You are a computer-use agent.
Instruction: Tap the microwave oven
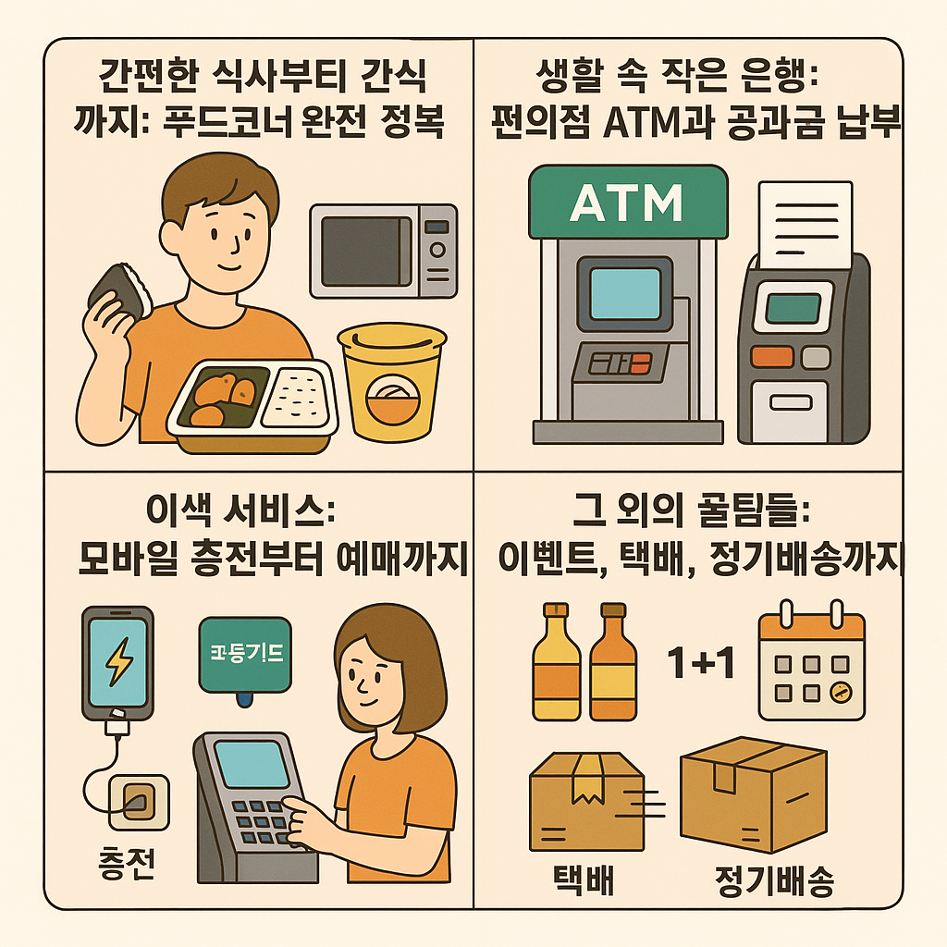point(383,251)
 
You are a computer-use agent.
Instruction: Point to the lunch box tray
point(252,404)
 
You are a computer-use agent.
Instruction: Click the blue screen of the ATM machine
point(625,293)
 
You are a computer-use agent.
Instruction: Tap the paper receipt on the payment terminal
point(805,223)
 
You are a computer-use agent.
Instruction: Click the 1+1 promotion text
point(700,663)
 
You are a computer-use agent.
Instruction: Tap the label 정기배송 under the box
point(774,879)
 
